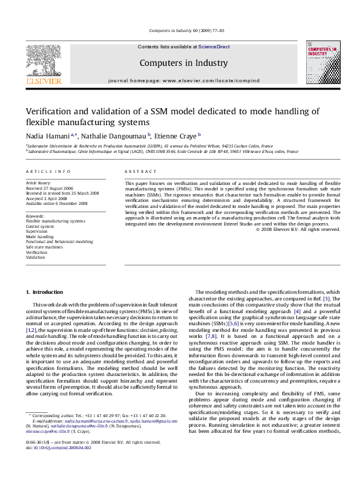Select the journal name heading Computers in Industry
click(183, 63)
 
